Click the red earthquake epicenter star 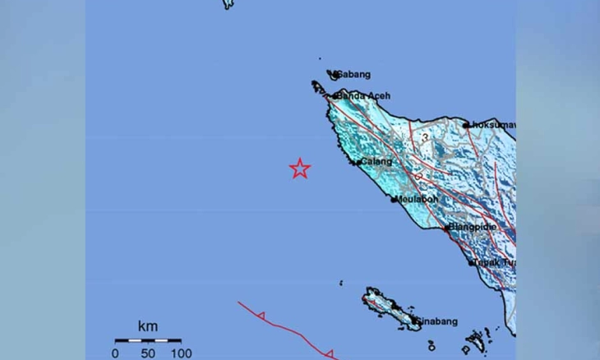click(300, 168)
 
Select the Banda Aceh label click(363, 95)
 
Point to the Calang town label click(375, 162)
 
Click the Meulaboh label click(415, 200)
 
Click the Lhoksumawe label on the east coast click(492, 125)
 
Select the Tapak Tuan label click(492, 262)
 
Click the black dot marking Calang click(355, 162)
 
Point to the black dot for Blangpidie click(447, 228)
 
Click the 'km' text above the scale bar click(147, 327)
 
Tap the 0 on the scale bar click(116, 353)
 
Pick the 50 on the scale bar click(148, 353)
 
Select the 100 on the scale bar click(181, 353)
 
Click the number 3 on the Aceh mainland click(425, 137)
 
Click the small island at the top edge click(228, 4)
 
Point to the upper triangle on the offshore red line click(261, 316)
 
